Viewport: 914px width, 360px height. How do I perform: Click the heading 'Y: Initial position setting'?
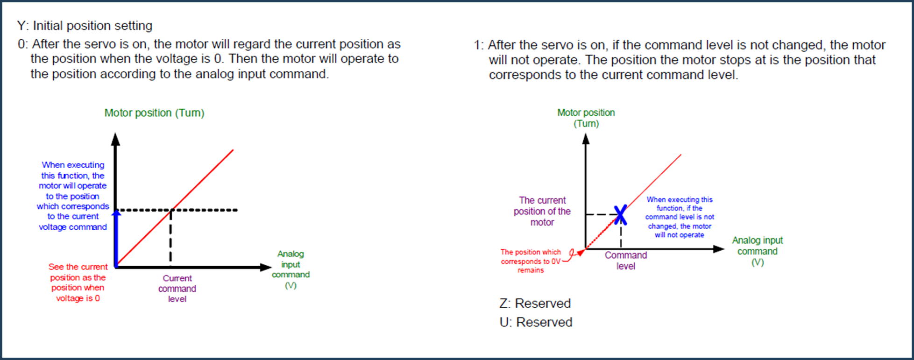pyautogui.click(x=85, y=26)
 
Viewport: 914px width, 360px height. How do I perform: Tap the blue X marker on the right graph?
pyautogui.click(x=620, y=215)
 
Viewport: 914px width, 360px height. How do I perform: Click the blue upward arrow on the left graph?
pyautogui.click(x=116, y=238)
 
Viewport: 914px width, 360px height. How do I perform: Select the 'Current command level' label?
pyautogui.click(x=177, y=289)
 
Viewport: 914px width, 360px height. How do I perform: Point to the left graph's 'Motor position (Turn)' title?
pyautogui.click(x=154, y=113)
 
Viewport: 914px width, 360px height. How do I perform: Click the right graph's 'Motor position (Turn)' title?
pyautogui.click(x=586, y=118)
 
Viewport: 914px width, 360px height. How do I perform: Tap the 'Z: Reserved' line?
pyautogui.click(x=535, y=304)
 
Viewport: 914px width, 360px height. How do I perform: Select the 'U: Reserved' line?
pyautogui.click(x=536, y=322)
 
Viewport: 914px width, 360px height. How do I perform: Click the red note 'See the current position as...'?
pyautogui.click(x=78, y=282)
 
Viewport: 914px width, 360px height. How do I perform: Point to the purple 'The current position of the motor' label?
pyautogui.click(x=542, y=212)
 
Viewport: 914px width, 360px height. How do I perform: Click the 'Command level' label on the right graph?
pyautogui.click(x=626, y=261)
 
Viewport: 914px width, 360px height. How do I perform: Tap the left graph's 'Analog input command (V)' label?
pyautogui.click(x=290, y=269)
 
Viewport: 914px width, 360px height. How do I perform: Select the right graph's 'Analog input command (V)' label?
pyautogui.click(x=757, y=251)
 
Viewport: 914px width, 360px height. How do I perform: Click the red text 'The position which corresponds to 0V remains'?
pyautogui.click(x=531, y=261)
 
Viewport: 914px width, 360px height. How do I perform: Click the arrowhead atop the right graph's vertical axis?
pyautogui.click(x=586, y=139)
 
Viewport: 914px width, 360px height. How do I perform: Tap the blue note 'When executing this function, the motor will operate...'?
pyautogui.click(x=73, y=196)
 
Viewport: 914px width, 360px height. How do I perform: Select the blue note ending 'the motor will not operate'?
pyautogui.click(x=680, y=217)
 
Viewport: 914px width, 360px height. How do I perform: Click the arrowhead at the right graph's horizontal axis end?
pyautogui.click(x=719, y=249)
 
